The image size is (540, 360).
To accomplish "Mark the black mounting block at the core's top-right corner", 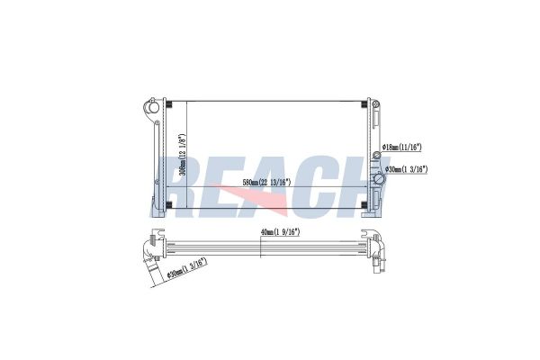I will point(364,106).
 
